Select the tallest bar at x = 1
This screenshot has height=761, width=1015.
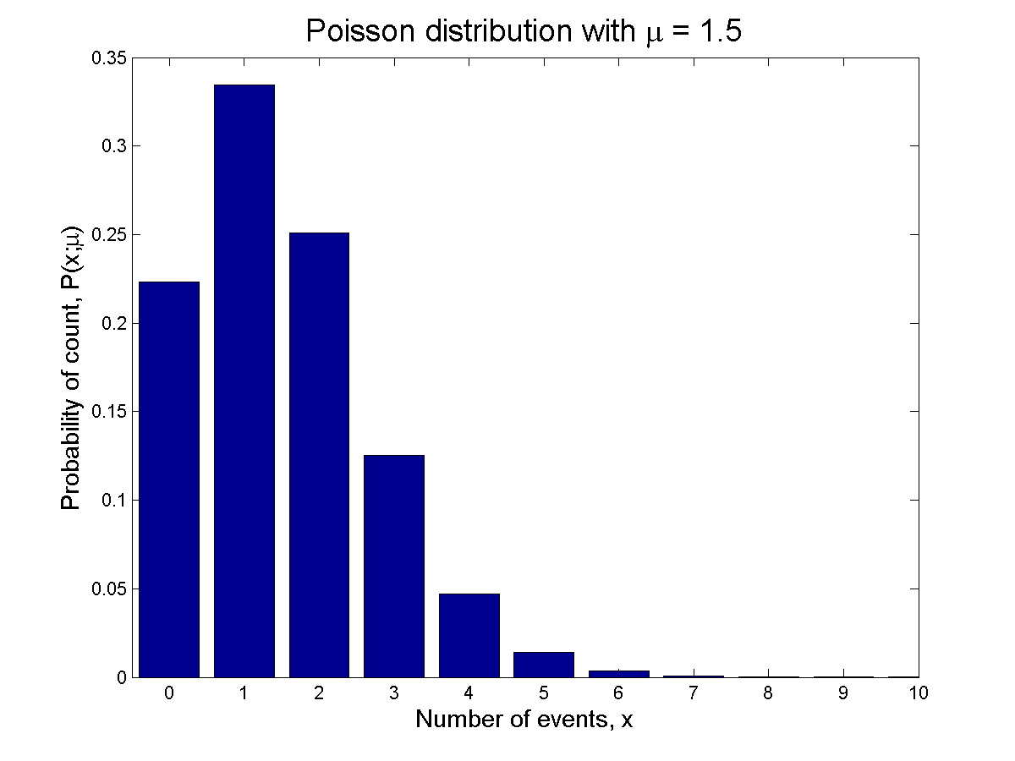tap(244, 380)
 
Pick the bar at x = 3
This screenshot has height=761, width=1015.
tap(393, 566)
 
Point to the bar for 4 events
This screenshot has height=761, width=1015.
tap(469, 635)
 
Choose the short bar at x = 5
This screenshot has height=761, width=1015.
tap(543, 665)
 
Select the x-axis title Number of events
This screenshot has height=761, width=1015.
tap(524, 720)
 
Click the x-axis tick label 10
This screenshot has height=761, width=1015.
tap(919, 694)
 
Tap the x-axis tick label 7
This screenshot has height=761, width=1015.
tap(694, 694)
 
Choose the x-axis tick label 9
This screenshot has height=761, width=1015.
tap(843, 694)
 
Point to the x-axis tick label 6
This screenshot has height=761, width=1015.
tap(618, 694)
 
